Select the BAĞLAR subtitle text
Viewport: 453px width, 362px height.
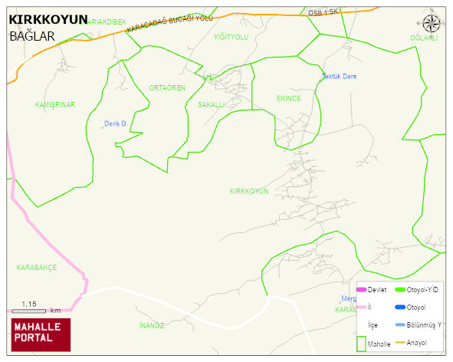pyautogui.click(x=32, y=35)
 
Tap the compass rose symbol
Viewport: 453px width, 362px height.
pyautogui.click(x=432, y=24)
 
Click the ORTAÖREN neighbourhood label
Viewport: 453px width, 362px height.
pyautogui.click(x=167, y=88)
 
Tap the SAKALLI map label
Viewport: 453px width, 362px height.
pyautogui.click(x=211, y=104)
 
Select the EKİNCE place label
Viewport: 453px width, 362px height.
pyautogui.click(x=288, y=99)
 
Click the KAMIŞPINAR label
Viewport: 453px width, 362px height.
pyautogui.click(x=55, y=104)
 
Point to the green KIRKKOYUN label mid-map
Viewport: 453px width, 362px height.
pyautogui.click(x=249, y=191)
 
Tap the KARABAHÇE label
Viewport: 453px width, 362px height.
pyautogui.click(x=37, y=267)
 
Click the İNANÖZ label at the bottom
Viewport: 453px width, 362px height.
pyautogui.click(x=152, y=325)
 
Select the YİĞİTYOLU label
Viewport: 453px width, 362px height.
pyautogui.click(x=231, y=37)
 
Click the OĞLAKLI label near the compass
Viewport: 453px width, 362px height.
pyautogui.click(x=423, y=38)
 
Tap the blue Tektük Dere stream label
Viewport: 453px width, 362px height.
pyautogui.click(x=339, y=76)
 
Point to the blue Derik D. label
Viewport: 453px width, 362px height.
pyautogui.click(x=115, y=123)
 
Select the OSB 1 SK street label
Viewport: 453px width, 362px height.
pyautogui.click(x=323, y=13)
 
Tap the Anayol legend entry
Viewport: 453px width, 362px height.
pyautogui.click(x=415, y=342)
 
